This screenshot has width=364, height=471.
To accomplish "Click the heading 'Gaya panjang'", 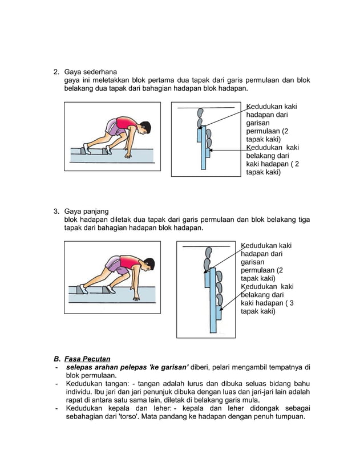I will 86,212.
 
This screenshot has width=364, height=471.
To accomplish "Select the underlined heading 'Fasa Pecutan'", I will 87,359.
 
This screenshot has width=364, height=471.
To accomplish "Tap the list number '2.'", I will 56,72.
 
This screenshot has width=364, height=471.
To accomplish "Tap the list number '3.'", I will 56,212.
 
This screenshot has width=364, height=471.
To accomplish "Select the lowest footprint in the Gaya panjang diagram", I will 219,299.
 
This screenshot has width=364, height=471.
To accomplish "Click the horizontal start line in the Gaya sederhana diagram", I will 205,107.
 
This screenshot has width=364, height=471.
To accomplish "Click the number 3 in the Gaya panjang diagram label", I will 292,303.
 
